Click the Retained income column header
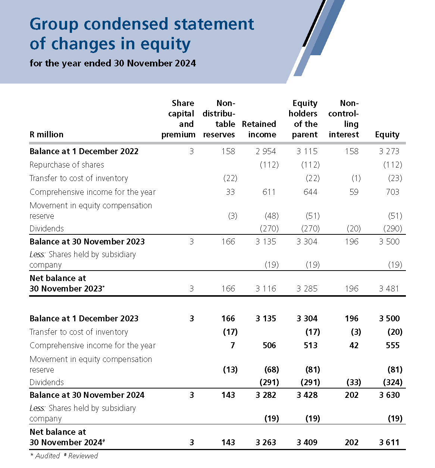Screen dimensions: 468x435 pos(259,129)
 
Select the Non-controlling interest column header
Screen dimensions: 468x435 pos(344,119)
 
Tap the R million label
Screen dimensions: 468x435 pos(47,134)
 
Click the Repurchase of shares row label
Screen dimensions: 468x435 pos(67,165)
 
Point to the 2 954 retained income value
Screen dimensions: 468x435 pos(266,151)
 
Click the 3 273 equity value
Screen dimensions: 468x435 pos(389,151)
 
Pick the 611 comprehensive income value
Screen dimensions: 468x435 pos(269,192)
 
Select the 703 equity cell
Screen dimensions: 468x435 pos(392,192)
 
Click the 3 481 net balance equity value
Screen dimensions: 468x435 pos(389,288)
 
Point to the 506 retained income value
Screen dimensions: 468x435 pos(269,346)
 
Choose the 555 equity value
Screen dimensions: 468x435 pos(392,346)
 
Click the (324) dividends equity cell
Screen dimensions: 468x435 pos(392,382)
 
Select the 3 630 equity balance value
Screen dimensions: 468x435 pos(389,395)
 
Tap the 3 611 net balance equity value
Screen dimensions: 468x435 pos(389,442)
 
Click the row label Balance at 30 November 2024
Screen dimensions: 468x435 pos(87,395)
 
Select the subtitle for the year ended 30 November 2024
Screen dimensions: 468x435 pos(113,63)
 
